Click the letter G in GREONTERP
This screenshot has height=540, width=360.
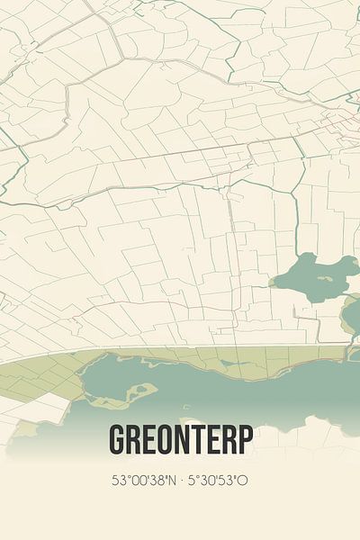[118, 439]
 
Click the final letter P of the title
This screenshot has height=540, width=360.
[245, 439]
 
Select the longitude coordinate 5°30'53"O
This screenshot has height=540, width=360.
[216, 481]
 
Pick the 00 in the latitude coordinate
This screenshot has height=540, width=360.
[138, 481]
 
